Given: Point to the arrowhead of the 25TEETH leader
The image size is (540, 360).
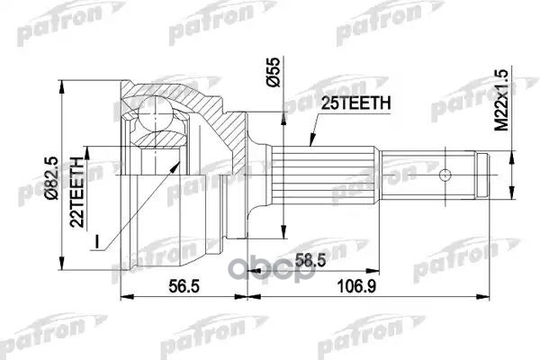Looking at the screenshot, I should point(308,144).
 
